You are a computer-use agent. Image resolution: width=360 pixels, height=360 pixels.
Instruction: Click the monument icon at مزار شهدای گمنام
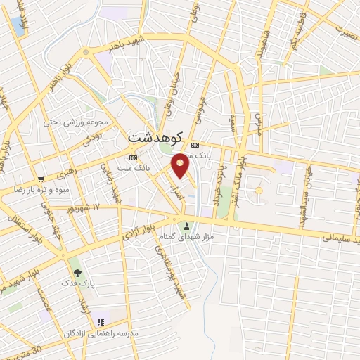[x=186, y=226]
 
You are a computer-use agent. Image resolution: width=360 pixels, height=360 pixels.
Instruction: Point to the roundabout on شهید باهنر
[x=86, y=52]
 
